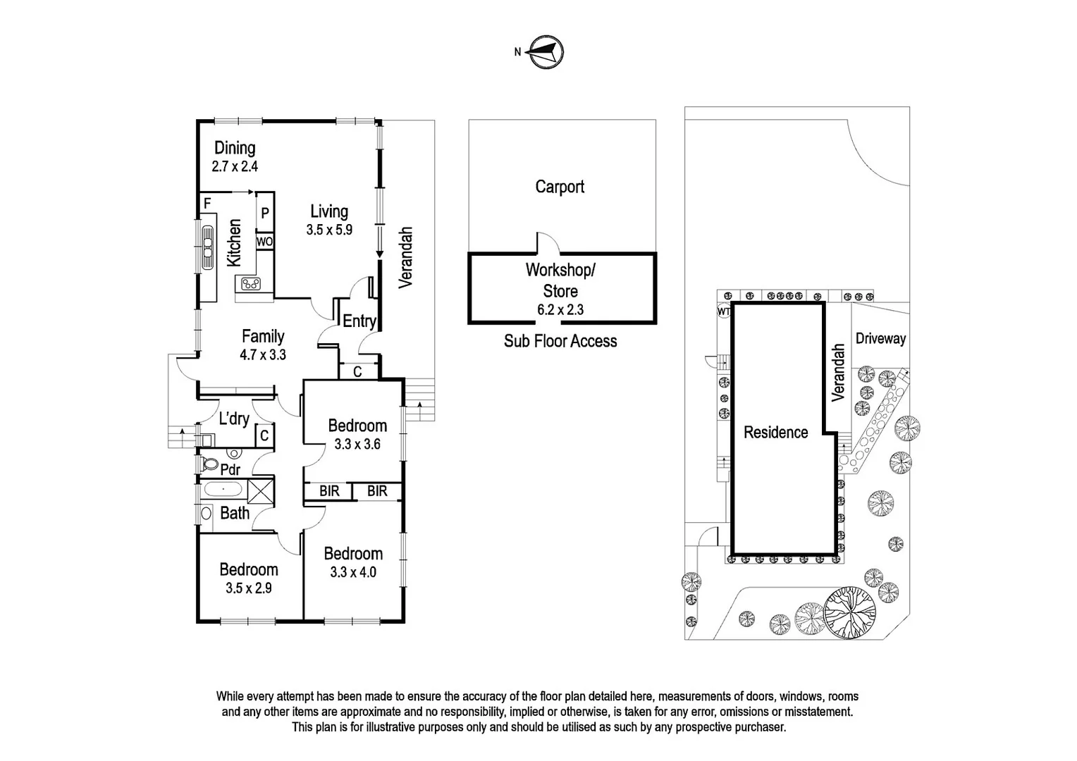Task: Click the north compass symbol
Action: coord(546,52)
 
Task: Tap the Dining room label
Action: coord(235,148)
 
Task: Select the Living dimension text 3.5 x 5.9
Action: coord(329,230)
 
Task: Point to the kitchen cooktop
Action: coord(250,284)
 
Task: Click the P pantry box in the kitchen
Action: coord(265,213)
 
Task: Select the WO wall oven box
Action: coord(264,242)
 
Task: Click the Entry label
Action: coord(359,321)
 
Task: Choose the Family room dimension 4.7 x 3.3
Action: coord(263,355)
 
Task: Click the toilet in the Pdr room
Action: coord(209,464)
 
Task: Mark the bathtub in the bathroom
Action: coord(223,489)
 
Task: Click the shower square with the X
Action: coord(260,490)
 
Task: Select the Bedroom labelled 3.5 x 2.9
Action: coord(249,588)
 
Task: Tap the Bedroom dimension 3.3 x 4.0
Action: coord(353,572)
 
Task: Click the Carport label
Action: coord(560,187)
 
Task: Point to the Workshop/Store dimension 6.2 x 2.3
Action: coord(560,309)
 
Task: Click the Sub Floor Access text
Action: coord(560,341)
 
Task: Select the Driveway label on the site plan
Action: coord(880,338)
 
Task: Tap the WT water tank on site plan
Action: coord(724,311)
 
